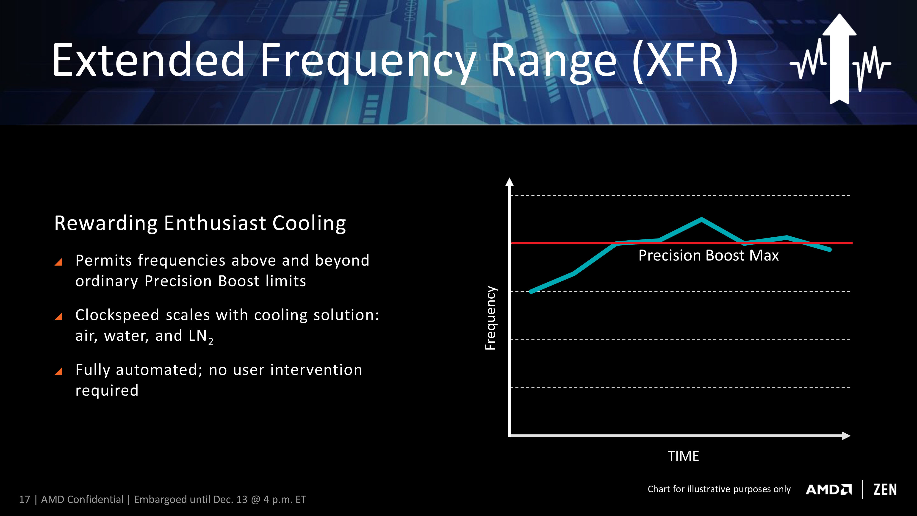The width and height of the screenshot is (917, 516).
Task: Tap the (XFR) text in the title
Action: click(x=685, y=61)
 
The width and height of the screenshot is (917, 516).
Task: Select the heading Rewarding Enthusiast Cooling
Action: click(x=200, y=224)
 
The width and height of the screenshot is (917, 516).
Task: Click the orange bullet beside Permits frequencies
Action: click(x=59, y=262)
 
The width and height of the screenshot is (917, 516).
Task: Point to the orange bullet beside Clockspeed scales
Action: click(x=59, y=316)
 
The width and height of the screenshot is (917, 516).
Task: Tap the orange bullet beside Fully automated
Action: click(x=59, y=372)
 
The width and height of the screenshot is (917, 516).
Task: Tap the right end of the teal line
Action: click(x=830, y=250)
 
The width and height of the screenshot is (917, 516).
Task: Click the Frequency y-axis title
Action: click(x=490, y=318)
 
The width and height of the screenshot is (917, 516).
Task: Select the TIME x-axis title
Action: click(x=683, y=456)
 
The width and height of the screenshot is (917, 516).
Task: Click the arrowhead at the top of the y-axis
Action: click(x=510, y=182)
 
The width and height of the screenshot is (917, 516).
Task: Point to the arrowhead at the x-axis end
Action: click(x=846, y=436)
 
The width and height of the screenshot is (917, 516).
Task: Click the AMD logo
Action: click(x=829, y=490)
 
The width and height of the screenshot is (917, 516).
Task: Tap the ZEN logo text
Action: click(x=885, y=490)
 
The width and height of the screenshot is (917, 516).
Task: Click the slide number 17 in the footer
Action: click(x=25, y=500)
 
